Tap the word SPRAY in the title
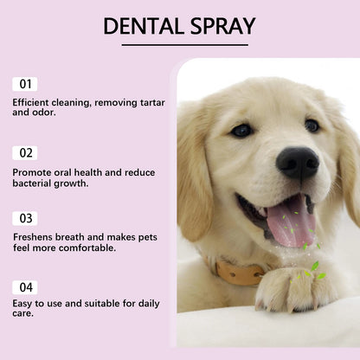[222, 26]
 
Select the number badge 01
[25, 84]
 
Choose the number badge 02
[25, 153]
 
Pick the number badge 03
[25, 218]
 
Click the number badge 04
[25, 286]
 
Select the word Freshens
[35, 236]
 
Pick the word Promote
[34, 171]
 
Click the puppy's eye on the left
[242, 130]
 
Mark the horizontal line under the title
[179, 44]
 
